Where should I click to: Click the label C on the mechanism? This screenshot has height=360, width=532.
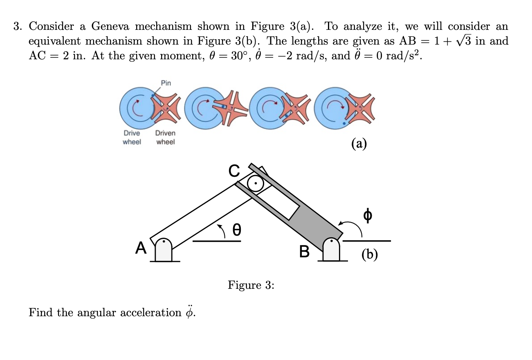[233, 171]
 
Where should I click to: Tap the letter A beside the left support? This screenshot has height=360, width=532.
[141, 247]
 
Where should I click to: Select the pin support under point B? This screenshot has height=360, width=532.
[332, 250]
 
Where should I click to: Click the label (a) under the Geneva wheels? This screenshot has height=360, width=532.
[359, 143]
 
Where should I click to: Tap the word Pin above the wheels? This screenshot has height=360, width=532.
[166, 83]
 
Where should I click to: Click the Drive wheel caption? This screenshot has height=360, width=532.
[132, 137]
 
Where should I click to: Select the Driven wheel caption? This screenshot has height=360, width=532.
[165, 137]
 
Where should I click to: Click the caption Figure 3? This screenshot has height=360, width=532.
[251, 285]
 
